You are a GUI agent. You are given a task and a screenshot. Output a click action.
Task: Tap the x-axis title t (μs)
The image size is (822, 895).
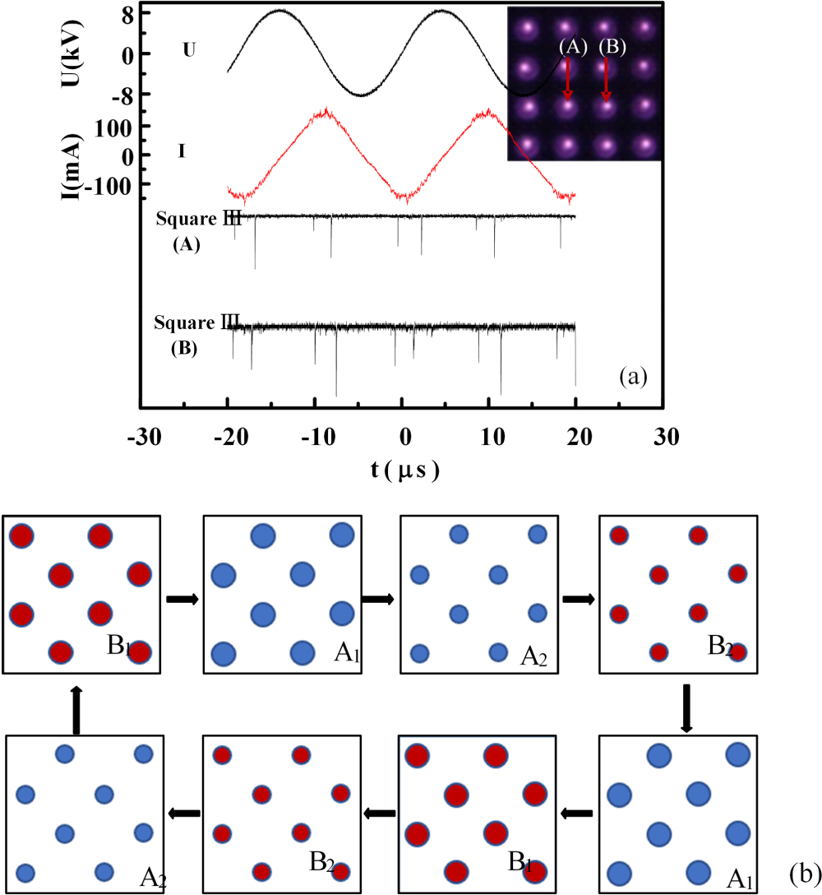[403, 471]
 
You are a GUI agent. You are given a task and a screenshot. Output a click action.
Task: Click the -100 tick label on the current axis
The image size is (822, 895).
[113, 186]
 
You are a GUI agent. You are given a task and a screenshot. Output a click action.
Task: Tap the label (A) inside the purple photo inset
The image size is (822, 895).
[571, 47]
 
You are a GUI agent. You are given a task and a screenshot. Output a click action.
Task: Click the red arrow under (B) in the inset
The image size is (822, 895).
[607, 82]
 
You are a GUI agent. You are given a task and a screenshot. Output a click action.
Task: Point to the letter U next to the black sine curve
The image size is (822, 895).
[189, 49]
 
